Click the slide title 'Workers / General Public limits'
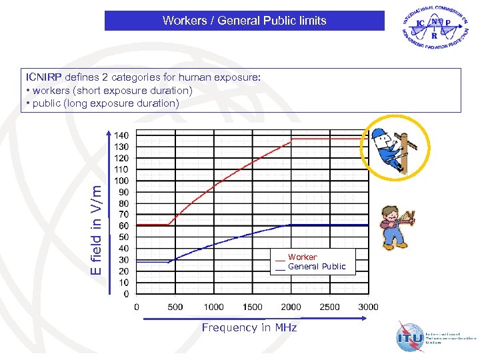tap(244, 21)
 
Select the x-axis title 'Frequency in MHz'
tap(249, 327)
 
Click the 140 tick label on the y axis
tap(122, 135)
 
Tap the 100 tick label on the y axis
tap(122, 180)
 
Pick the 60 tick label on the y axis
tap(124, 225)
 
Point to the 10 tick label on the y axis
tap(124, 282)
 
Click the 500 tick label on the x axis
tap(175, 307)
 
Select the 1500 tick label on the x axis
tap(252, 307)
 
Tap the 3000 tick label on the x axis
tap(368, 307)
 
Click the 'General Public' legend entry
tap(317, 267)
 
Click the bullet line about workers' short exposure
tap(109, 90)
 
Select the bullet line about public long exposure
tap(102, 103)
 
